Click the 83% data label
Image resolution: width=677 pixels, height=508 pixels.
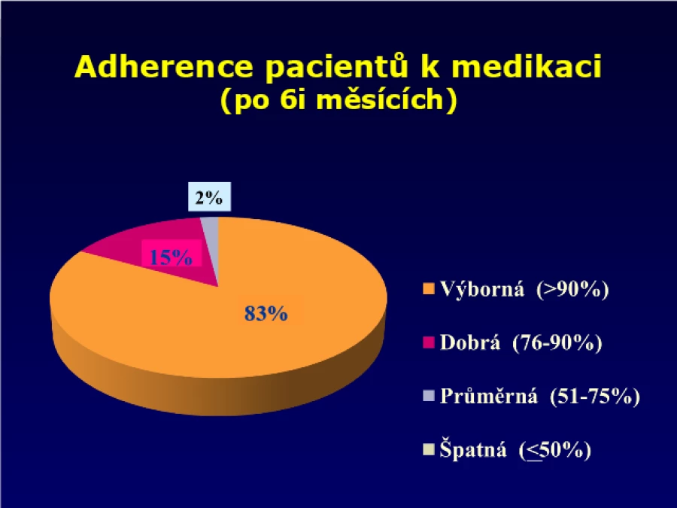tap(266, 313)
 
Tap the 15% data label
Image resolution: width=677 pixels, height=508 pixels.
tap(171, 257)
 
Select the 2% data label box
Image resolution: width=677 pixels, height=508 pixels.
tap(209, 197)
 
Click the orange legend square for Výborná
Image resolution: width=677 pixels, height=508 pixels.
tap(428, 289)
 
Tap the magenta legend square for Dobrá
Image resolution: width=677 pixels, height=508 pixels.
tap(428, 342)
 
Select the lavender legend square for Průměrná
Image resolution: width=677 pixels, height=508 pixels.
tap(428, 396)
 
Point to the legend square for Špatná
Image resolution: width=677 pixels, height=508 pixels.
tap(428, 450)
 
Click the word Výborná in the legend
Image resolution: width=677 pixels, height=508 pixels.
tap(482, 288)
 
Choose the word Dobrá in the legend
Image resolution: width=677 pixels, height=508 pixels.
tap(470, 342)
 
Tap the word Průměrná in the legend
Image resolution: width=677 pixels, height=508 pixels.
tap(489, 396)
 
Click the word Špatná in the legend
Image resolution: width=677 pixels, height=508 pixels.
tap(473, 449)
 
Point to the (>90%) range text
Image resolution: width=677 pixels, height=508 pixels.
tap(572, 289)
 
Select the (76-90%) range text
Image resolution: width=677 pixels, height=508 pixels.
tap(557, 343)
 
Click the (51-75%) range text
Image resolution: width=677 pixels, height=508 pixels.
tap(595, 397)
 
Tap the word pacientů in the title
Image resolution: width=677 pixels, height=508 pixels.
tap(337, 68)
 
